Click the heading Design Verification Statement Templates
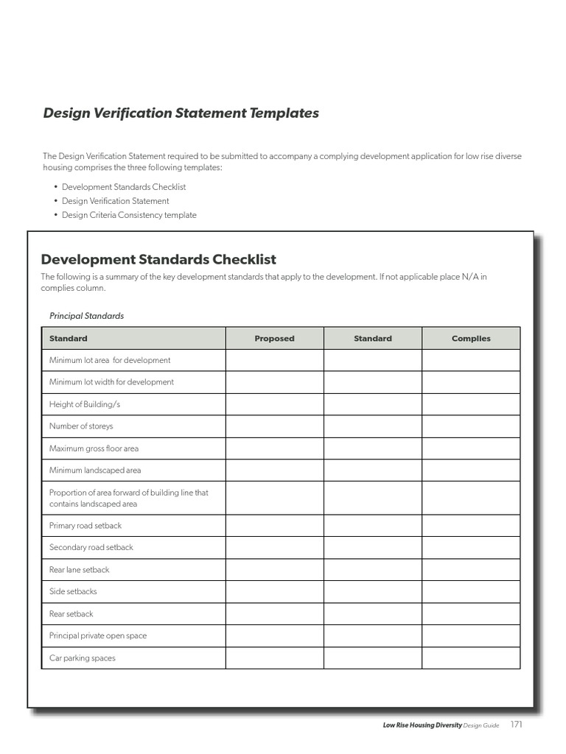[181, 113]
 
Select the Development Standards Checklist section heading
[158, 259]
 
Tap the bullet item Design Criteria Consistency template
[129, 215]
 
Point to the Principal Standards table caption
[86, 316]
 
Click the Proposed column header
[274, 339]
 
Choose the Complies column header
[471, 339]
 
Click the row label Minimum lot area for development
[110, 360]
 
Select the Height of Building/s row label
[85, 404]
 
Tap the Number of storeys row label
[81, 426]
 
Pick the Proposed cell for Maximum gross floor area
[274, 448]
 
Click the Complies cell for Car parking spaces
[471, 658]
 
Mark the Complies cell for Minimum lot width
[471, 382]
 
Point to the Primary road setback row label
[85, 526]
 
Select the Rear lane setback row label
[79, 570]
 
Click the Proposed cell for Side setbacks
[274, 592]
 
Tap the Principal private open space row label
[98, 636]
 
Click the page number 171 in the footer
[516, 725]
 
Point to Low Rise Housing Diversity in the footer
[422, 725]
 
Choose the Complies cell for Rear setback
[471, 614]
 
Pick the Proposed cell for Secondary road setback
[274, 548]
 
